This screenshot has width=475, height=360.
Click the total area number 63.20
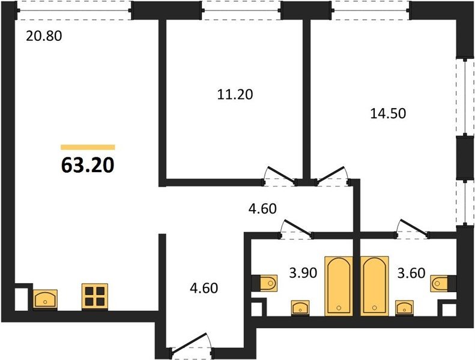[88, 166]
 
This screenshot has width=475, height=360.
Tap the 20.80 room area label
[44, 36]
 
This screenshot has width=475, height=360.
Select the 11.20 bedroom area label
[235, 94]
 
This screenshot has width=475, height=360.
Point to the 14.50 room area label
[388, 113]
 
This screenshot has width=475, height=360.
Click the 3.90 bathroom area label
[303, 273]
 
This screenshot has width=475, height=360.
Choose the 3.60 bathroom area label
[411, 273]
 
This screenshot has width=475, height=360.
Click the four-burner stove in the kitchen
[95, 297]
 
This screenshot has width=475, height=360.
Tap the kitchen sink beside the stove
[45, 299]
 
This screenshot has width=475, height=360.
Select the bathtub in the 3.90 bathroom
[339, 286]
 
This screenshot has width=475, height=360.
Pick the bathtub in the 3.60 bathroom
[375, 286]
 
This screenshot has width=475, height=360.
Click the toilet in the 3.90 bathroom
[264, 283]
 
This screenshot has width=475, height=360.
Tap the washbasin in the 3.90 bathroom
[300, 308]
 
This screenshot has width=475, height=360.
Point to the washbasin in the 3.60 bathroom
[404, 308]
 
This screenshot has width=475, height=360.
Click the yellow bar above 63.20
[88, 147]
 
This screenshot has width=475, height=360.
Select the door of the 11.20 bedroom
[280, 176]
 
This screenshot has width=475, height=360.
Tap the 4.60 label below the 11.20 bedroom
[262, 209]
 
